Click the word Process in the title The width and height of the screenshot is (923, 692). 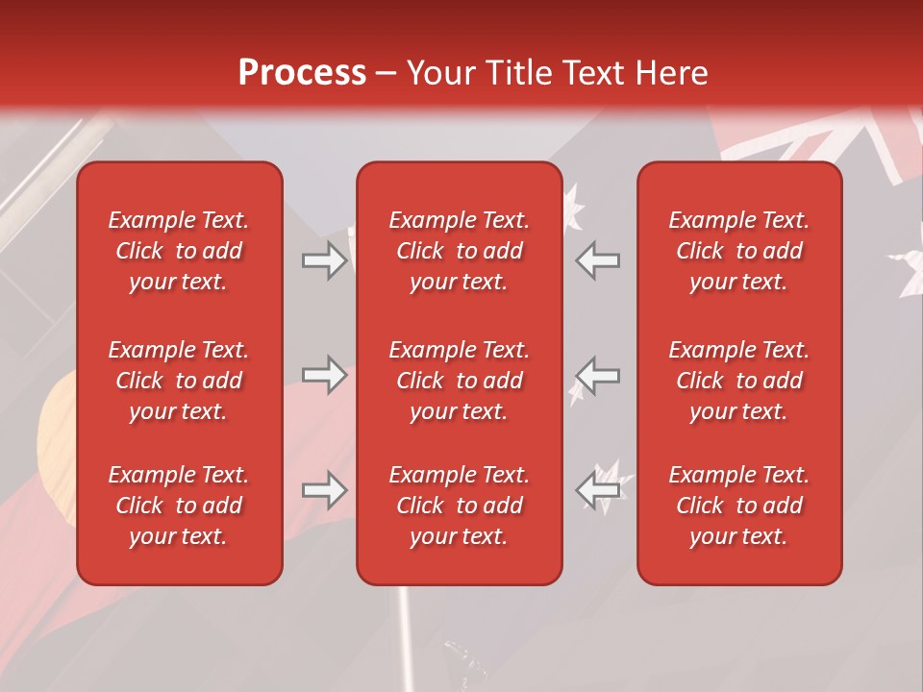(x=302, y=73)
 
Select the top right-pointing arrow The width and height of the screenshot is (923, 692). (x=324, y=260)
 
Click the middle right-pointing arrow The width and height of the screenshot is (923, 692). (x=324, y=375)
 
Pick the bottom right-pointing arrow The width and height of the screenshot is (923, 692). (x=324, y=490)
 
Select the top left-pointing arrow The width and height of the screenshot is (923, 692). (x=598, y=260)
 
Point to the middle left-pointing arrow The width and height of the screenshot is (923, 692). (x=598, y=375)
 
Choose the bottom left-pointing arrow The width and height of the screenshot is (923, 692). (x=598, y=490)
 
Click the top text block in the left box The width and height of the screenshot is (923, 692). (x=179, y=251)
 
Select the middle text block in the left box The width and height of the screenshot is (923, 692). (x=179, y=381)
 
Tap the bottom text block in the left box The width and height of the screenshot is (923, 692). (x=179, y=506)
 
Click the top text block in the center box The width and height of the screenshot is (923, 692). (x=460, y=251)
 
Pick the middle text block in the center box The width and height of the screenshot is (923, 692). (x=460, y=381)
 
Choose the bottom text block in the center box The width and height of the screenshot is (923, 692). (x=460, y=506)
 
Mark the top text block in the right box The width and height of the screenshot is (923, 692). (x=739, y=251)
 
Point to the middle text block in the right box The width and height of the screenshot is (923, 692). (x=739, y=381)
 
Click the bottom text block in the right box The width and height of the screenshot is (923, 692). (x=739, y=506)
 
